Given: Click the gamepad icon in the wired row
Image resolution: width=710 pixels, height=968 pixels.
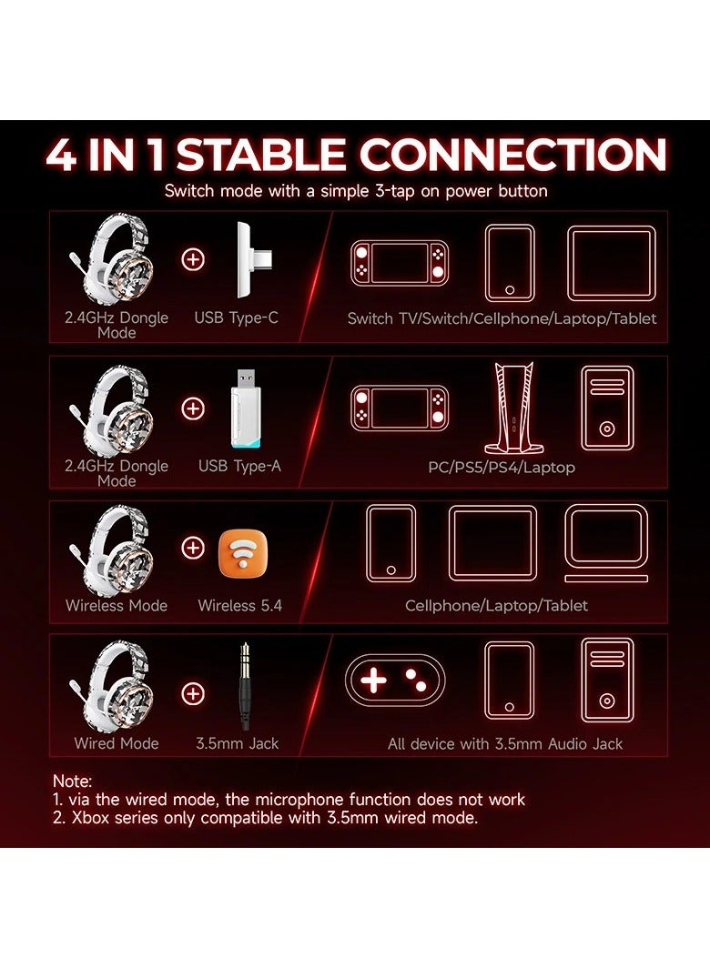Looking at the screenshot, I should point(394,681).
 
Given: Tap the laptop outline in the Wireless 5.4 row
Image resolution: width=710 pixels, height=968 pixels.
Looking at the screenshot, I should point(606,543).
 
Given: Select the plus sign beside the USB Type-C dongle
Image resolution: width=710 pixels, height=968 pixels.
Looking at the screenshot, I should point(193,260).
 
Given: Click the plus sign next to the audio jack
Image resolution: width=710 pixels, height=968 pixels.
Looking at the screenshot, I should point(193,693).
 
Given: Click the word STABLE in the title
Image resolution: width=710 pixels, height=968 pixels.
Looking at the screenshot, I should point(261,156).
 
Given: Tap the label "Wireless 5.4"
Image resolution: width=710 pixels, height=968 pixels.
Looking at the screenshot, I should point(239,605).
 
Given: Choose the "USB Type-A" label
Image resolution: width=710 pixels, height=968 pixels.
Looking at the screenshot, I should point(239,466).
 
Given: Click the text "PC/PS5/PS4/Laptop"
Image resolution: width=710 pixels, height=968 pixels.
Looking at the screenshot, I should point(502,467).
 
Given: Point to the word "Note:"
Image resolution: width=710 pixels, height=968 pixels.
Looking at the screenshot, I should point(73,781).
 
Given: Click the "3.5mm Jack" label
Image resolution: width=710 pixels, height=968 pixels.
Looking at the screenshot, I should point(238,743).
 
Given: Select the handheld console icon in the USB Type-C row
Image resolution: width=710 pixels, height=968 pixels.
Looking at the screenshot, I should point(400,263).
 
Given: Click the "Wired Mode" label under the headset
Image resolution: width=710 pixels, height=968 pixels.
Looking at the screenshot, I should point(117,743).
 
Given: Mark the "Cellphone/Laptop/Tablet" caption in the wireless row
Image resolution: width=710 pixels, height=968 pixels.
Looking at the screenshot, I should point(496,605).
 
